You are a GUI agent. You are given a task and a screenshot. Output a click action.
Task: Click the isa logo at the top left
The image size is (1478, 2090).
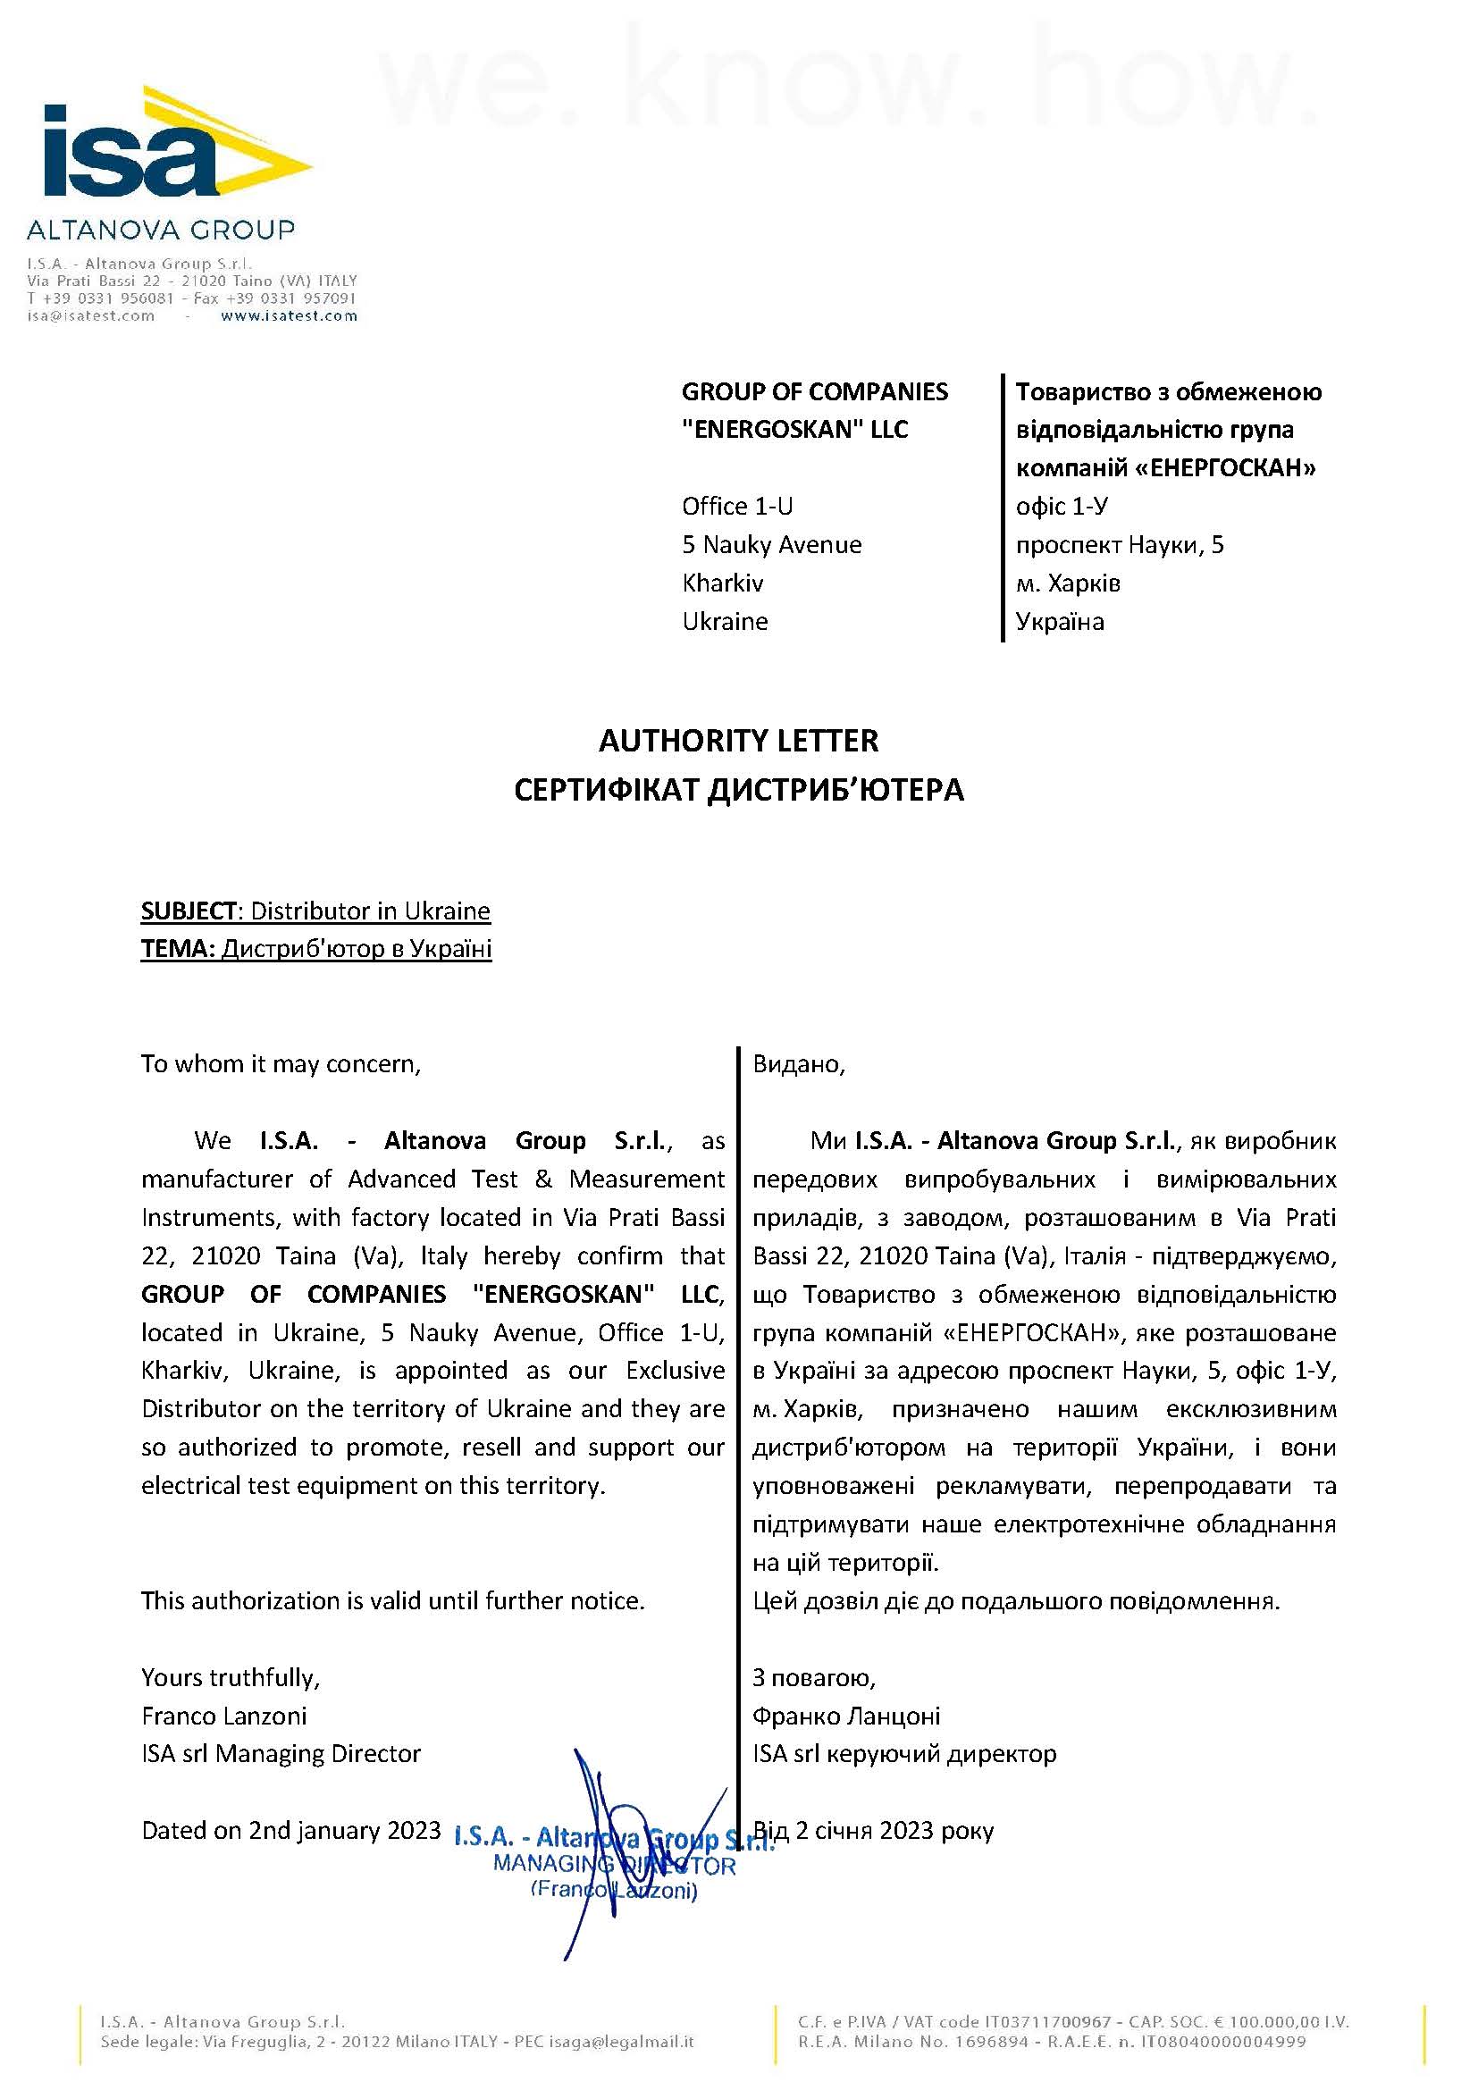(x=173, y=146)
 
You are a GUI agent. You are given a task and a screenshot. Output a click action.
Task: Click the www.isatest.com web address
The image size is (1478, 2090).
(x=289, y=315)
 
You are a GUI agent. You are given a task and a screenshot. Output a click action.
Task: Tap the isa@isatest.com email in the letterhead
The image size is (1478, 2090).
(x=91, y=315)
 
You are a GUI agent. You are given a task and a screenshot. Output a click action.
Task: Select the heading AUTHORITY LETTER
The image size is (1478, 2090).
(x=738, y=741)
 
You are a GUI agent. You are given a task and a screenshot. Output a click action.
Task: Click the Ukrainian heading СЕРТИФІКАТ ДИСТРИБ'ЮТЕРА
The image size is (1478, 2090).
(x=738, y=789)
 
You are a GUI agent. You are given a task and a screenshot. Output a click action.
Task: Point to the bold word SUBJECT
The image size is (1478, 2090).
(x=189, y=911)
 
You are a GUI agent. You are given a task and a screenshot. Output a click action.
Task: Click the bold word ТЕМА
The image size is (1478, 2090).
(x=178, y=949)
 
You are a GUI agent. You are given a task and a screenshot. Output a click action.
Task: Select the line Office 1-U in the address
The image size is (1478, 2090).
(x=737, y=506)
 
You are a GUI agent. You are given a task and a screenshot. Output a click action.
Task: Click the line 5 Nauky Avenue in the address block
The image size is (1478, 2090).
(x=772, y=544)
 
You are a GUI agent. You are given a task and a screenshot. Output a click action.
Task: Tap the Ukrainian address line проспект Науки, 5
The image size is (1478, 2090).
(x=1120, y=544)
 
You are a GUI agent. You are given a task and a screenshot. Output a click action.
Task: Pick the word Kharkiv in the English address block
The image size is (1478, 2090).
(x=723, y=583)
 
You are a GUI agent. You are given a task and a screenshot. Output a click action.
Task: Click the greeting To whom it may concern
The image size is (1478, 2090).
(x=281, y=1063)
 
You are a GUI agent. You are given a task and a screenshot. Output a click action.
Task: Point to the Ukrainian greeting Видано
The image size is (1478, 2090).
(x=798, y=1063)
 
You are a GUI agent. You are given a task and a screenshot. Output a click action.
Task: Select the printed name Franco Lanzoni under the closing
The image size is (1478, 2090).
(x=224, y=1715)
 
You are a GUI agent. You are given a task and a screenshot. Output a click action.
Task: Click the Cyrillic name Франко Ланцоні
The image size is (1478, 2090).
(x=846, y=1715)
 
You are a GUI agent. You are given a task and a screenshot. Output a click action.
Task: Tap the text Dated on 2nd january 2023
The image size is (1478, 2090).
(x=290, y=1830)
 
